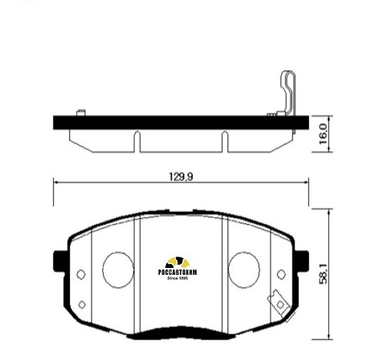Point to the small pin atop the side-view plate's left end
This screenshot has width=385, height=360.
(x=80, y=113)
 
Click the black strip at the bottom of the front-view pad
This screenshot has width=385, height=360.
(x=178, y=336)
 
